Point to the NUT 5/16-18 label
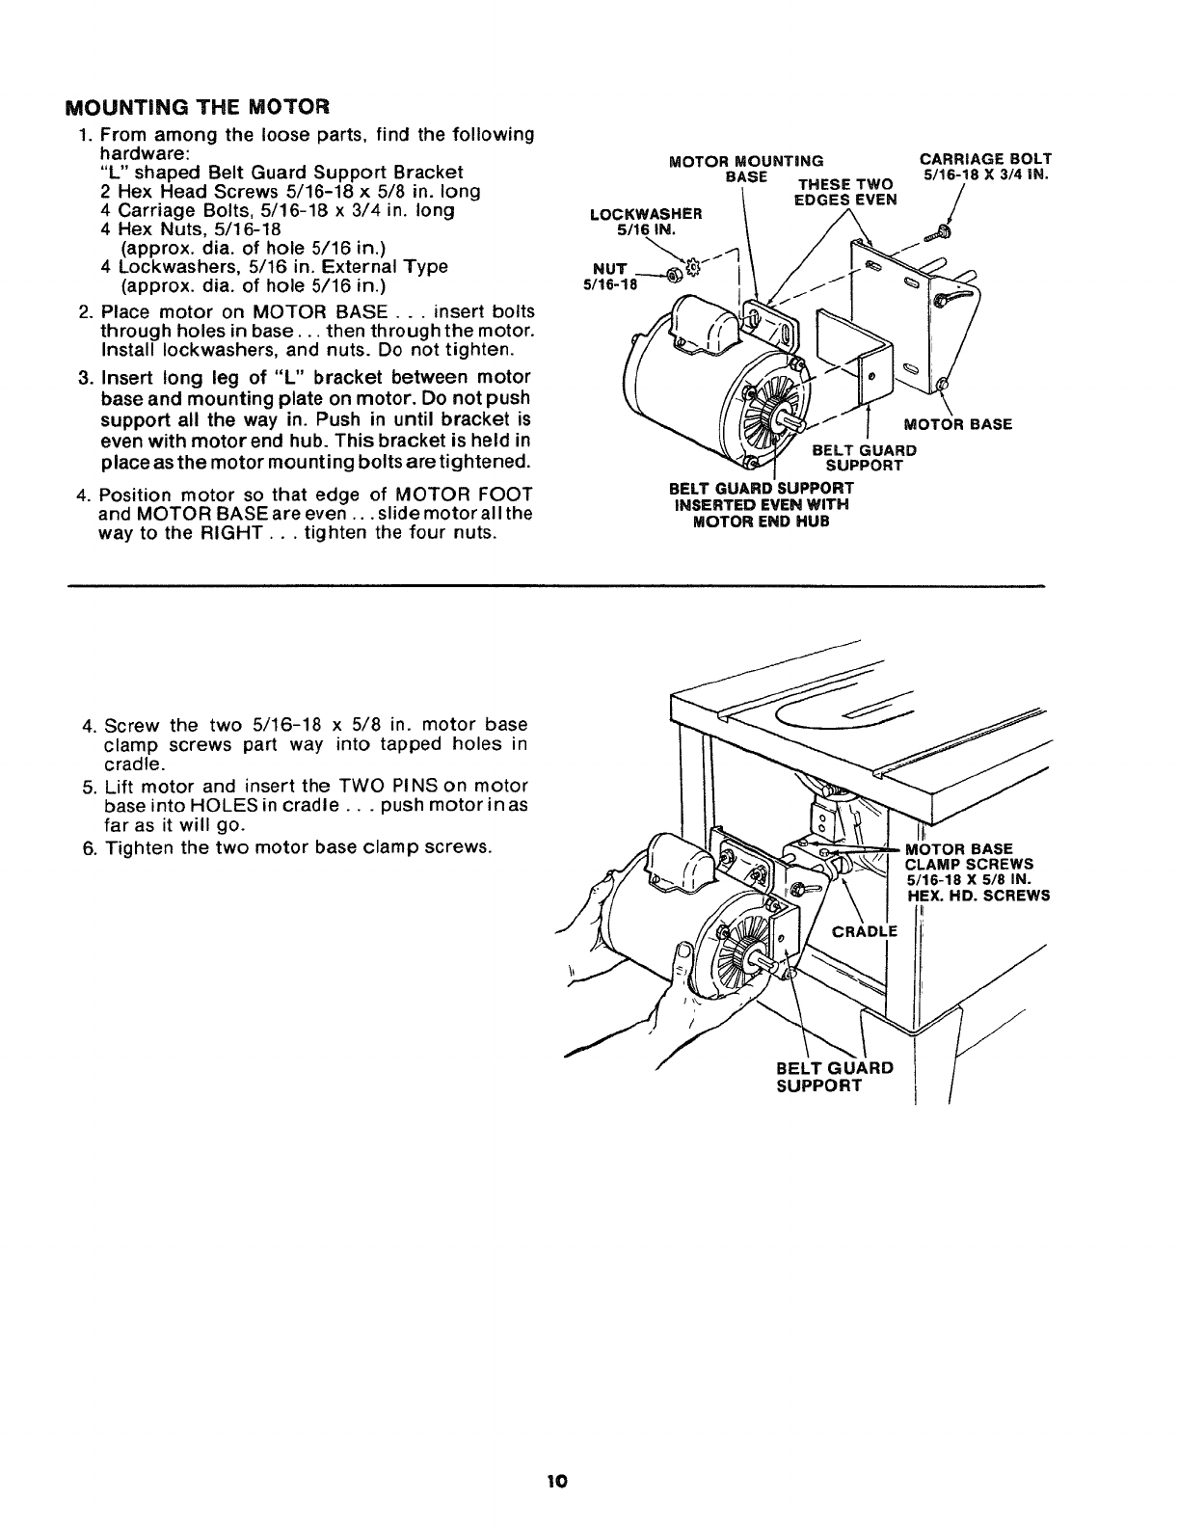pos(607,276)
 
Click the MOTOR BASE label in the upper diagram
pos(956,424)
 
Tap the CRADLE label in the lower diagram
pos(864,930)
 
